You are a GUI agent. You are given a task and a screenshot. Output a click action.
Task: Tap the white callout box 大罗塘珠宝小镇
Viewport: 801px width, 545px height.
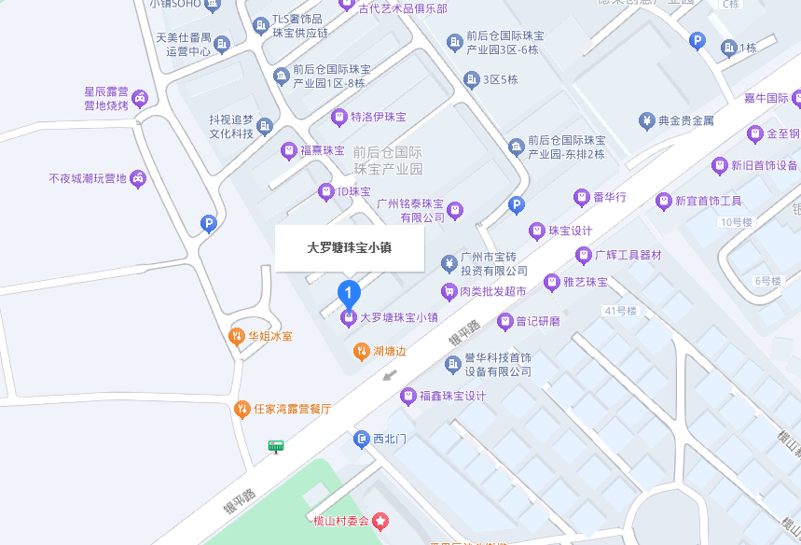[x=350, y=248]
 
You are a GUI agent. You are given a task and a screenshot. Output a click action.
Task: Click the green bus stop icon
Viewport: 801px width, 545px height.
[x=275, y=446]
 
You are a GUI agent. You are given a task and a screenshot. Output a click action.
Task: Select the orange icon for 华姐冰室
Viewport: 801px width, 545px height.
[x=237, y=336]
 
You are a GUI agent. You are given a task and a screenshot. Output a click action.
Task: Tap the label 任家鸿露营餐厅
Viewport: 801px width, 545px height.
[x=292, y=409]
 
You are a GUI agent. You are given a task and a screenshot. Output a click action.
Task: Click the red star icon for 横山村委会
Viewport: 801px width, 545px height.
[x=380, y=520]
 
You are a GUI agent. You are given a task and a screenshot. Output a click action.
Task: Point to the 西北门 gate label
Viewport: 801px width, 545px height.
[x=391, y=439]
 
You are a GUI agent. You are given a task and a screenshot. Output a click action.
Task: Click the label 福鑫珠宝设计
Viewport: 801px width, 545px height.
[x=452, y=396]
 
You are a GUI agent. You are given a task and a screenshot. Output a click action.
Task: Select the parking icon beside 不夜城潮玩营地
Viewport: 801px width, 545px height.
[x=209, y=223]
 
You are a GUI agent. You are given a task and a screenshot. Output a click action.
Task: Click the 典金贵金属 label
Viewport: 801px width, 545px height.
[x=685, y=120]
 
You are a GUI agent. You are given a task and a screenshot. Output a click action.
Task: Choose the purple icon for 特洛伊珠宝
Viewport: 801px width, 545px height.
[x=338, y=117]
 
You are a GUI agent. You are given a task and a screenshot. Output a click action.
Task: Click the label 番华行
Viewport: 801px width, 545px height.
[x=609, y=197]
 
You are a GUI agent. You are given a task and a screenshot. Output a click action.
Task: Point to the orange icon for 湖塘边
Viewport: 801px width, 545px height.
[x=361, y=351]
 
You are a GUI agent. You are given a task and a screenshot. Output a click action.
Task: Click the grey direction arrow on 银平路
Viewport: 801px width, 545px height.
[x=390, y=376]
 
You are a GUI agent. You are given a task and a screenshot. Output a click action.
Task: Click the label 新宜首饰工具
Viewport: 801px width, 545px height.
[x=708, y=201]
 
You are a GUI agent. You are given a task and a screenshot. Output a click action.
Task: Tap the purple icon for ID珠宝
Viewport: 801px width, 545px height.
[x=325, y=192]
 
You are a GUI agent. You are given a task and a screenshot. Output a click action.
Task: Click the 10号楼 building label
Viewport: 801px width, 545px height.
[x=736, y=222]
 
